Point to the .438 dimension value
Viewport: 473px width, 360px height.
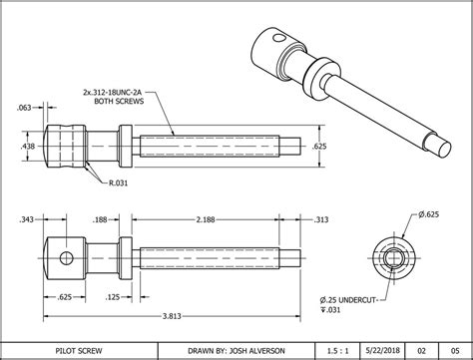pyautogui.click(x=28, y=145)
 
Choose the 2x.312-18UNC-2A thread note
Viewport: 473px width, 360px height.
pyautogui.click(x=117, y=91)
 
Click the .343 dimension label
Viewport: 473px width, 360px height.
pyautogui.click(x=27, y=218)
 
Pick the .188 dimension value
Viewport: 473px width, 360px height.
pyautogui.click(x=129, y=218)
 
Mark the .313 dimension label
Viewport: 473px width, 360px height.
pyautogui.click(x=321, y=218)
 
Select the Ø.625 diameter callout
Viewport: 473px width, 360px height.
pyautogui.click(x=428, y=215)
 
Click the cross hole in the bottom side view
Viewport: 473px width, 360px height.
pyautogui.click(x=65, y=258)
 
